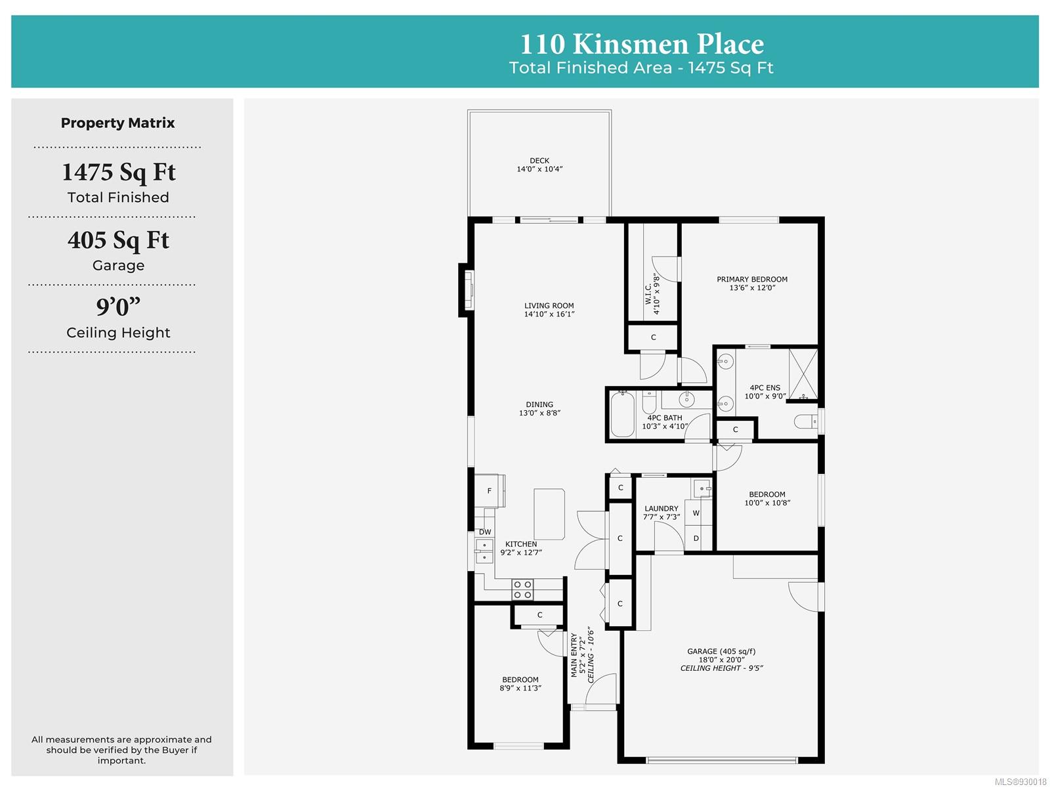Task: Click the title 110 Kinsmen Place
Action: pos(641,44)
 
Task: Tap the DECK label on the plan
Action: pos(539,161)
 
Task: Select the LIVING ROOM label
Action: pos(549,306)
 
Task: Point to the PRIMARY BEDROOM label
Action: pos(751,280)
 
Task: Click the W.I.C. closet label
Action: pos(648,294)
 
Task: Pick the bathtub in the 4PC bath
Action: pos(622,414)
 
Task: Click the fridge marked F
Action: pos(488,490)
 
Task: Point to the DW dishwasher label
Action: pos(484,532)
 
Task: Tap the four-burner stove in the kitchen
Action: pos(522,589)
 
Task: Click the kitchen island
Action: pos(549,515)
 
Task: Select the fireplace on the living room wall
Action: pos(467,290)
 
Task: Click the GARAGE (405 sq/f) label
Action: pos(721,651)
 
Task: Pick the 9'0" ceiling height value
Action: pos(118,307)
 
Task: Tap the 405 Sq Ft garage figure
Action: pos(118,240)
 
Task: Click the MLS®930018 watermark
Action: pos(1020,781)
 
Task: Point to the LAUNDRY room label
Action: pos(661,509)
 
